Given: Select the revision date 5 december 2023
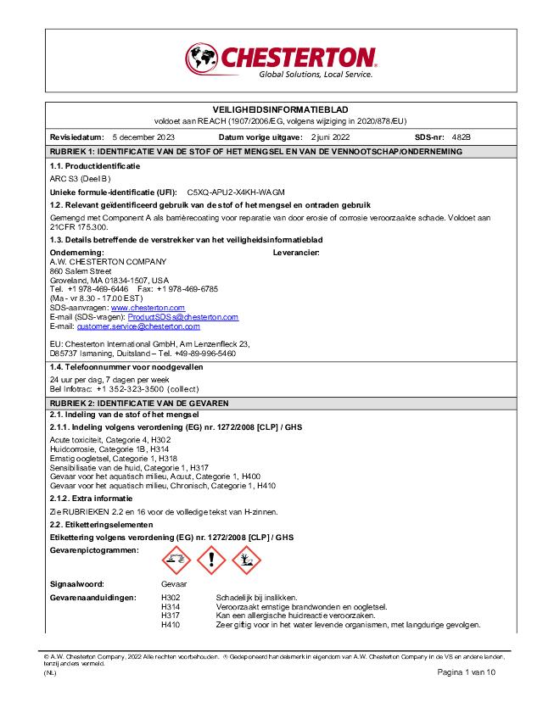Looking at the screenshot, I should pos(143,136).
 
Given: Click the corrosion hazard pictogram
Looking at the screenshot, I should pos(176,559).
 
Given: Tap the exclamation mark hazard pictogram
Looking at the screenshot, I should pos(211,559).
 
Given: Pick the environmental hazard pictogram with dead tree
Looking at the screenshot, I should pos(246,559).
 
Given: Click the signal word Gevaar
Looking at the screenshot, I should pos(174,584).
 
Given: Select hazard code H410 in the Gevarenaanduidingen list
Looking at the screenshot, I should pos(171,626).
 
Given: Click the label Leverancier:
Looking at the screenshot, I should pos(296,253).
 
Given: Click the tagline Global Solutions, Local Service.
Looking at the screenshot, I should pos(316,75).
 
